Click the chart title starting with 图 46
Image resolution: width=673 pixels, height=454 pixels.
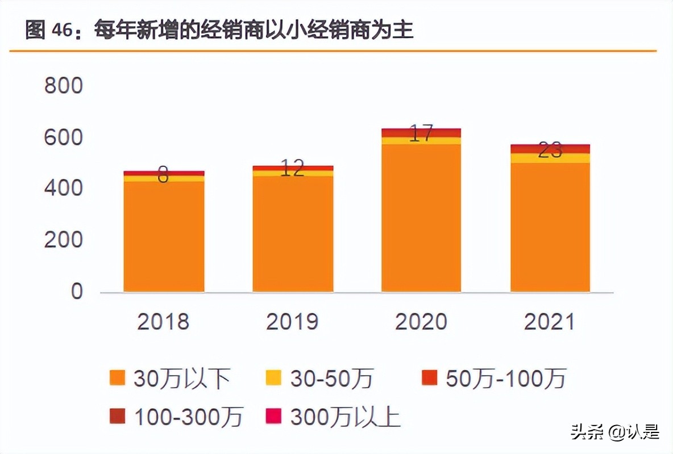tap(219, 30)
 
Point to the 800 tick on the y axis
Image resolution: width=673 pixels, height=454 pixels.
tap(63, 86)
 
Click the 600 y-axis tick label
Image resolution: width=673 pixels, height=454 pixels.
tap(63, 138)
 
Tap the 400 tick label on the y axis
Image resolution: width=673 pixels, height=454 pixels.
tap(63, 188)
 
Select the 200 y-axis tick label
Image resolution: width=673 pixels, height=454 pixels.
tap(63, 240)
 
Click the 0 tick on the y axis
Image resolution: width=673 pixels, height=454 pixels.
tap(76, 292)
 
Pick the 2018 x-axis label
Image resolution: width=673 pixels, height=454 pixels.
tap(163, 322)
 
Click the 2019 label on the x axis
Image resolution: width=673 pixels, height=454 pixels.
tap(292, 322)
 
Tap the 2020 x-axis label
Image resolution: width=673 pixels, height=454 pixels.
tap(421, 322)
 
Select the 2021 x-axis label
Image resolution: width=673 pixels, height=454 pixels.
tap(550, 322)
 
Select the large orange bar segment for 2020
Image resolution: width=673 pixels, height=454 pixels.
tap(421, 218)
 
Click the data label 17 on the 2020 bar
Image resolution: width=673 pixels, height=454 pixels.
tap(421, 134)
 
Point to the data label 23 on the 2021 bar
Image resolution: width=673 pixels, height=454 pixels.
tap(550, 150)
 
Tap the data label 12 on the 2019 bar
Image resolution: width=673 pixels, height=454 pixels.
tap(292, 169)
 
